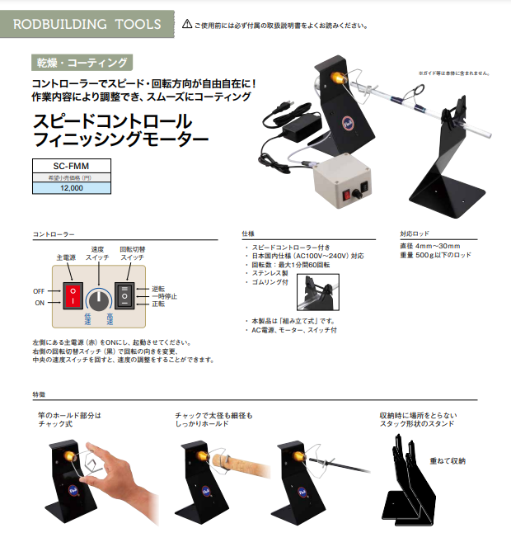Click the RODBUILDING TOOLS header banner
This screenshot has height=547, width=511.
87,24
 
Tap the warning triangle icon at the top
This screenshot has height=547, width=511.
187,24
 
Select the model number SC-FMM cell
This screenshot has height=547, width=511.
72,166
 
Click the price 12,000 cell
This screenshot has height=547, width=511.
72,188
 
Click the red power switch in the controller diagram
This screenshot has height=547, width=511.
73,296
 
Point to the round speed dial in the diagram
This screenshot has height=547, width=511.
99,300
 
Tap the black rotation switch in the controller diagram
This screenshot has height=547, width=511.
124,296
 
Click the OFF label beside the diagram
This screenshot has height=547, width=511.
39,291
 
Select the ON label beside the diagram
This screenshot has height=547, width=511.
40,303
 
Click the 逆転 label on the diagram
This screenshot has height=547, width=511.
158,289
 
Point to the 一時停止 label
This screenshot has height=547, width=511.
165,296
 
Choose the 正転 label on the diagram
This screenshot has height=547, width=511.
158,304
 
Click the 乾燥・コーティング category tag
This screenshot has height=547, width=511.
82,63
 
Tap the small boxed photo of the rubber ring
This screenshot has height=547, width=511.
318,292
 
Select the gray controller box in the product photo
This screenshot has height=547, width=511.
341,181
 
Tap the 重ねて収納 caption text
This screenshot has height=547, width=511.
448,461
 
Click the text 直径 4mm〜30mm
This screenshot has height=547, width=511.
430,246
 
